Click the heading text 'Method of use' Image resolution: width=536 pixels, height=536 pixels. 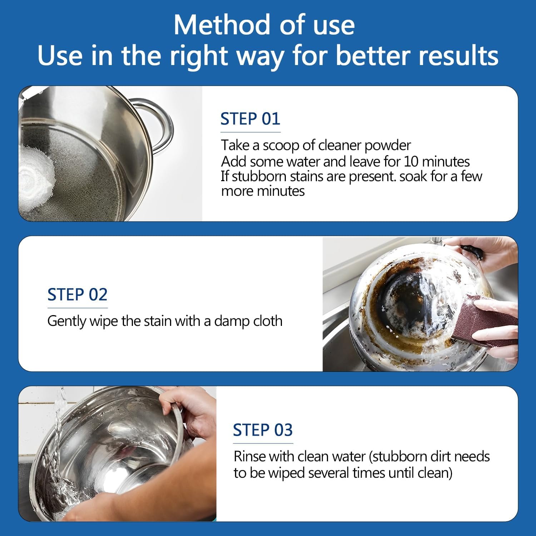pos(264,25)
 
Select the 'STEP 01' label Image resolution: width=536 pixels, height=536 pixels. pos(250,119)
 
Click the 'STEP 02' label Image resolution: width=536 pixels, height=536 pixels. pos(77,294)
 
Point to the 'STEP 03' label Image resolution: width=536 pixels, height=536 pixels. pos(263,430)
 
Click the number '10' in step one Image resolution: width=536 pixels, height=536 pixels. pos(411,162)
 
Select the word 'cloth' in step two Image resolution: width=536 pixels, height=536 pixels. pos(268,321)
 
